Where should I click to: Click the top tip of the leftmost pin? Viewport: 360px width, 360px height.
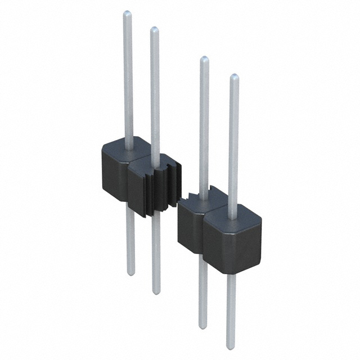pos(128,12)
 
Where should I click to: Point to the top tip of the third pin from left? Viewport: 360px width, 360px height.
pos(204,58)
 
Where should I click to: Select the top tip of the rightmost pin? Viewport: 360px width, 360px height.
pos(235,76)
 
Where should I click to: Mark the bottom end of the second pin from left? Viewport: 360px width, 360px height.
pos(156,291)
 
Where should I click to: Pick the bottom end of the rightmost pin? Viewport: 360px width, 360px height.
pos(231,345)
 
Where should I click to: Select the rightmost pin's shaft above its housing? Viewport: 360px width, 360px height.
pos(233,141)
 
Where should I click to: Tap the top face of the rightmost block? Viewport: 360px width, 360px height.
pos(232,211)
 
